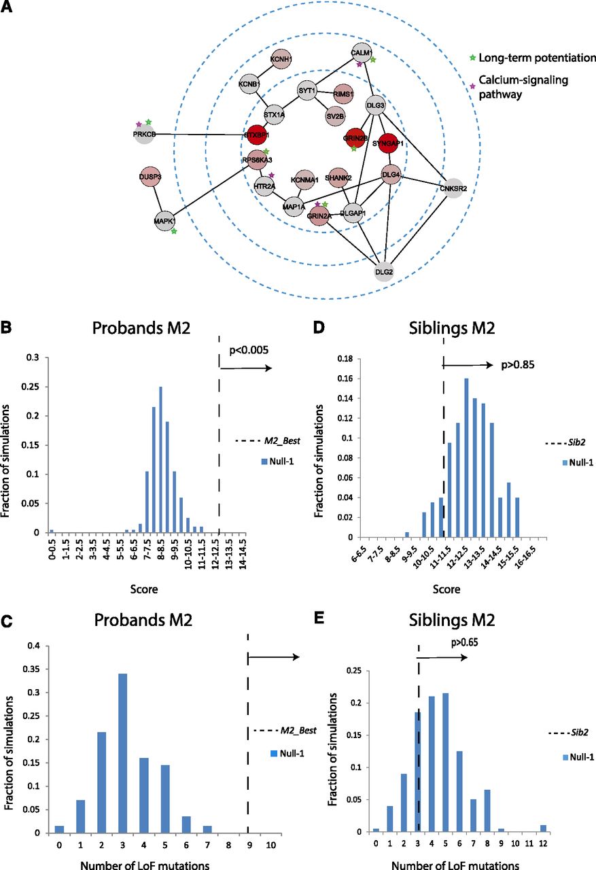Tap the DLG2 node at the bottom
pyautogui.click(x=384, y=272)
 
